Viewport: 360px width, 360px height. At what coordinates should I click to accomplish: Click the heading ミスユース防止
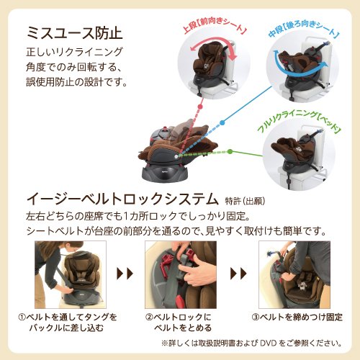75,32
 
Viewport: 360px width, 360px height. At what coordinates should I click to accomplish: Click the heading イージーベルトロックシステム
122,199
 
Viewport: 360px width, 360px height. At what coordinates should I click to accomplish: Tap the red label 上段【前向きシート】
215,26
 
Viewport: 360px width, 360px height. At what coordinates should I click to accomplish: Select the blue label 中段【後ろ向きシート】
303,30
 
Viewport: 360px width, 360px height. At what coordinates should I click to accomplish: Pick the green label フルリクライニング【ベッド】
299,122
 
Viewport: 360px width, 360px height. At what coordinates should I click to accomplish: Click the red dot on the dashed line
200,107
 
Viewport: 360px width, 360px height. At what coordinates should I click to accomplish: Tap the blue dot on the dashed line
222,122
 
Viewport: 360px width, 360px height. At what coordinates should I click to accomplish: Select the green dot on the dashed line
230,151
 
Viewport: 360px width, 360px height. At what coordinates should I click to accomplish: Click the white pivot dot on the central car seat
176,156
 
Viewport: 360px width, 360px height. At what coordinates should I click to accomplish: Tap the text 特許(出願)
245,201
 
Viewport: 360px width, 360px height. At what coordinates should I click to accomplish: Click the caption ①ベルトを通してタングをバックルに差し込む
68,323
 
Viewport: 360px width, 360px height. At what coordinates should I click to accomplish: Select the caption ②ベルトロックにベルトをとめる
179,323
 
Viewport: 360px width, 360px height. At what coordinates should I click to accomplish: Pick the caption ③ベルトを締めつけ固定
297,317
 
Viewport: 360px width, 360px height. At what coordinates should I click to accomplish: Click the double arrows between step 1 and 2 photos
125,274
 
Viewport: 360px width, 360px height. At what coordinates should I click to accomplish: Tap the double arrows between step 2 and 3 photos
238,274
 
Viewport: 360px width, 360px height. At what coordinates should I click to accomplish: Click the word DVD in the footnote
268,343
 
